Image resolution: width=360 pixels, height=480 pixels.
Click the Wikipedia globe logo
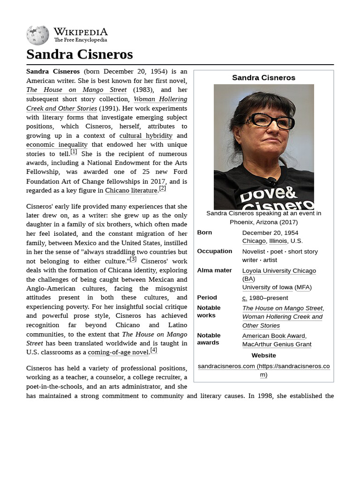[x=37, y=35]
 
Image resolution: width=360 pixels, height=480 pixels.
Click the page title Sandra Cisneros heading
[x=80, y=54]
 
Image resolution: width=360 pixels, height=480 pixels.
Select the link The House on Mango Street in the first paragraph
[x=76, y=90]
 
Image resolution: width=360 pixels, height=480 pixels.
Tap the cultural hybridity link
[x=146, y=135]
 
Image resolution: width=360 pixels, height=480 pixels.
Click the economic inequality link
[x=57, y=144]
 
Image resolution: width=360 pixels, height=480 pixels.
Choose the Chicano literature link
[x=131, y=190]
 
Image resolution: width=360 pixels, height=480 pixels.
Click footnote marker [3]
[x=133, y=259]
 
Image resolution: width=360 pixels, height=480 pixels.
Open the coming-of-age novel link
[x=118, y=352]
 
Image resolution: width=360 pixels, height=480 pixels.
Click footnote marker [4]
[x=153, y=350]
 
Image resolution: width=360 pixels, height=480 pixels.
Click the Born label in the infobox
[x=204, y=232]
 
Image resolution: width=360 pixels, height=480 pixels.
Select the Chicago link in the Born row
[x=254, y=241]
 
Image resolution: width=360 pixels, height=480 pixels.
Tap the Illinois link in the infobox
[x=278, y=241]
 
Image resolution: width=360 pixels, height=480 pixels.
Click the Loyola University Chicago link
[x=279, y=270]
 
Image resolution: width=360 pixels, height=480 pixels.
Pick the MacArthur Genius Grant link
[x=277, y=344]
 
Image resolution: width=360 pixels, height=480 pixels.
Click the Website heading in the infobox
[x=263, y=355]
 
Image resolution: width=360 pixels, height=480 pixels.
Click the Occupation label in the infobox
[x=214, y=251]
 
